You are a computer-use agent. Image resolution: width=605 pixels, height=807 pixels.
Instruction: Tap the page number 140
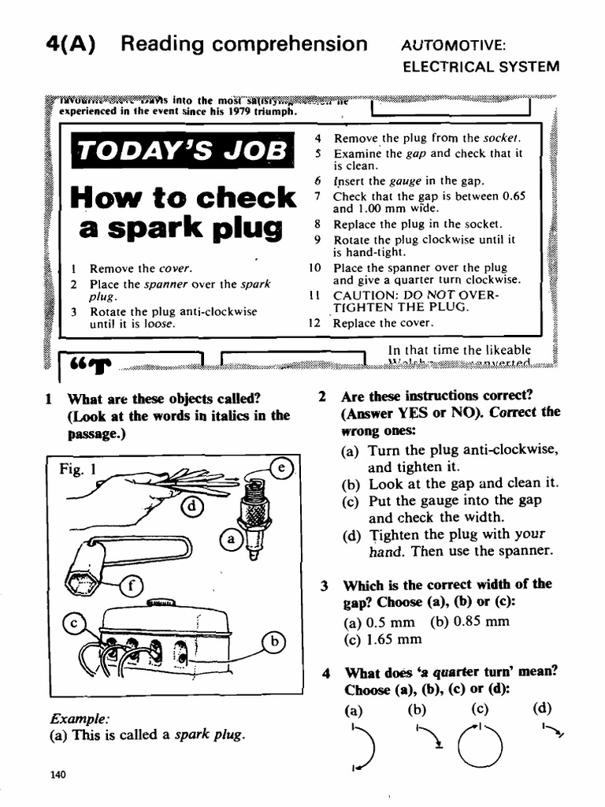click(x=57, y=774)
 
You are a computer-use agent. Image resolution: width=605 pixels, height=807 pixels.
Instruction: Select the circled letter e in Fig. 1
click(x=280, y=468)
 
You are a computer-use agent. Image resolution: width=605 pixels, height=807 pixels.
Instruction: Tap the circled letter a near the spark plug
click(x=230, y=540)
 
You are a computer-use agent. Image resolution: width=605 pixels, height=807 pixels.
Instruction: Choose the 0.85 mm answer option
click(x=470, y=620)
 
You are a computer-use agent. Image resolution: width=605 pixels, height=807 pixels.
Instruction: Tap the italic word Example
click(x=79, y=719)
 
